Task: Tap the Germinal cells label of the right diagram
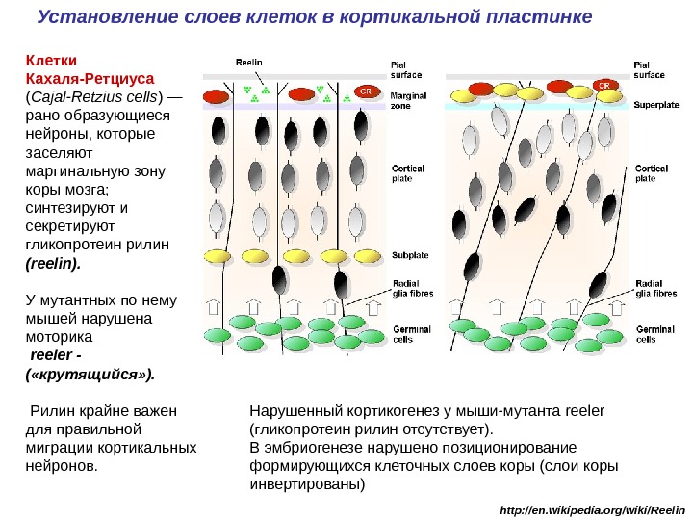click(654, 334)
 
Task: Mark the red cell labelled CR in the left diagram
click(365, 91)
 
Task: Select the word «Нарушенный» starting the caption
click(288, 411)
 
